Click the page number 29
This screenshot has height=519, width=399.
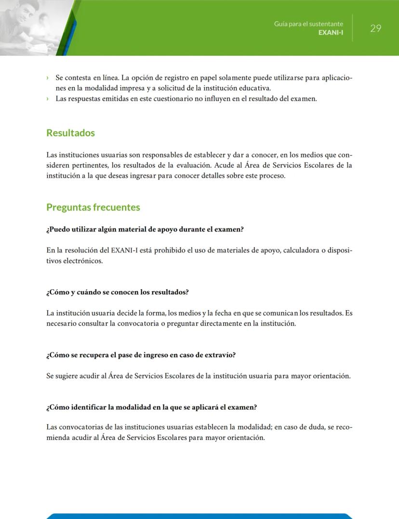coord(375,28)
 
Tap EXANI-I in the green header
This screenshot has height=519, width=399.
coord(331,33)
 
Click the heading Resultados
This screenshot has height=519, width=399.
coord(70,133)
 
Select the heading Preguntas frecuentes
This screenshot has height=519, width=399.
coord(93,208)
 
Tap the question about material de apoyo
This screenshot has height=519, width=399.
coord(145,229)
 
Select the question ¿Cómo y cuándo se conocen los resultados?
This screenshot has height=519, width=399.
coord(117,292)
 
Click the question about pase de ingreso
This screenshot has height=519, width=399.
coord(141,355)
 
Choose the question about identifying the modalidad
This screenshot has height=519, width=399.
coord(151,407)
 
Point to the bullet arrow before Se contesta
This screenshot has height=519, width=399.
coord(48,78)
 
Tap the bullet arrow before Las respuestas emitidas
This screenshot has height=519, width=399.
coord(48,99)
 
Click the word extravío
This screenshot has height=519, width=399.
coord(220,355)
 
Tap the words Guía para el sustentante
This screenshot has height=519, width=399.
coord(308,24)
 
